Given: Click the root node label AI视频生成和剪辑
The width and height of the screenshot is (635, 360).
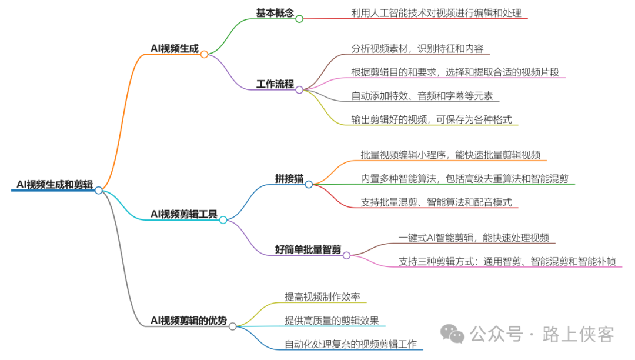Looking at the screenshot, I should click(55, 185).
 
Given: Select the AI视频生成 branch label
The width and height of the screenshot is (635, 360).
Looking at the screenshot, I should click(174, 49).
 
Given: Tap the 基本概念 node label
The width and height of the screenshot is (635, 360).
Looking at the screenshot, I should click(275, 13).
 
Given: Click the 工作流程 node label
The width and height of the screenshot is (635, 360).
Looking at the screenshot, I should click(275, 84).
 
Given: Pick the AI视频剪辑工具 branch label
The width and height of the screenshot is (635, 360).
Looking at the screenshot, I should click(184, 214).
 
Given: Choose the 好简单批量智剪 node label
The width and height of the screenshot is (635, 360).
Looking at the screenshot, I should click(308, 249).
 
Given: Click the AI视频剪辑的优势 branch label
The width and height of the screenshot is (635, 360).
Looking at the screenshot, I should click(188, 321).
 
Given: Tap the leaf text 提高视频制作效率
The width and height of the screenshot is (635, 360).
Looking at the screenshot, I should click(322, 297).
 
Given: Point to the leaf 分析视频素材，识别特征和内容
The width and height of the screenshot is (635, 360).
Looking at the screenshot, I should click(417, 49).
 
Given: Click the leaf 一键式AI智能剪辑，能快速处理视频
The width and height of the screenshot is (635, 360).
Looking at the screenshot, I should click(474, 238).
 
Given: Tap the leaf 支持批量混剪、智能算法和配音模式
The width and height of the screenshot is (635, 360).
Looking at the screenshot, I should click(436, 202).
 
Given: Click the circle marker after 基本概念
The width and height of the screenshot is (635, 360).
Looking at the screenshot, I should click(299, 19).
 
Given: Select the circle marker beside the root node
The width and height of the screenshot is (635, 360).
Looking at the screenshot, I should click(99, 190).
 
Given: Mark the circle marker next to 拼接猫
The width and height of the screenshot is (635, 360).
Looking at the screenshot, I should click(309, 184).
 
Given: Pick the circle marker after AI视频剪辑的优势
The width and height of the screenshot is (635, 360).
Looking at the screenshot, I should click(233, 326).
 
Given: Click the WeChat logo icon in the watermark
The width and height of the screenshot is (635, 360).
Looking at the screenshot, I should click(453, 334).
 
